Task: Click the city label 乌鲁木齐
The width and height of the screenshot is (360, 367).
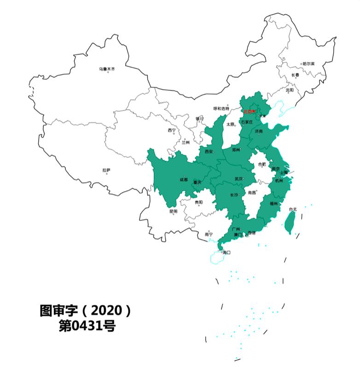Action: [107, 69]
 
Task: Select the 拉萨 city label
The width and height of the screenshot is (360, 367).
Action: [106, 170]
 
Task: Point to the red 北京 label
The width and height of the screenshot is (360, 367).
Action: [248, 111]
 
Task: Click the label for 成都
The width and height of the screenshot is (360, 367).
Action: [183, 179]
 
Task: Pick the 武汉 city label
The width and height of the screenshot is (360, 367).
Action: [238, 179]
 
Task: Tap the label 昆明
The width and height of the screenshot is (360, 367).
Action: [173, 211]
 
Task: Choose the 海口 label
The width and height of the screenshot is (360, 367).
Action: [226, 252]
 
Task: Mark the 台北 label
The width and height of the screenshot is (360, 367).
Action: [293, 210]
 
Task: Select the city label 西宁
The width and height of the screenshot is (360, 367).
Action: [171, 130]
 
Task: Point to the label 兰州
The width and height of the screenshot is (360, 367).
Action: [185, 143]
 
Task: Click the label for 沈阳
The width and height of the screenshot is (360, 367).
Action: [290, 90]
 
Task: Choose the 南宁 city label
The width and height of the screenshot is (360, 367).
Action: [209, 234]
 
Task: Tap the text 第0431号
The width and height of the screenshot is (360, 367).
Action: [86, 326]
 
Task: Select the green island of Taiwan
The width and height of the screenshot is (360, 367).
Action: [289, 223]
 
